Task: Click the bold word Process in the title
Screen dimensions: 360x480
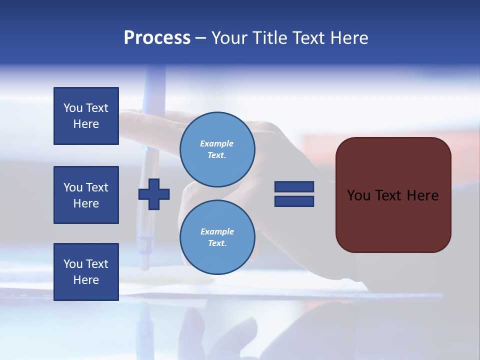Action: point(157,38)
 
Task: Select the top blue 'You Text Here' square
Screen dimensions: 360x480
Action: point(86,116)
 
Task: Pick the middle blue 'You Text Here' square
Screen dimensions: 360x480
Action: point(86,195)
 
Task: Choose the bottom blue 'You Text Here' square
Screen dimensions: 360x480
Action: point(86,271)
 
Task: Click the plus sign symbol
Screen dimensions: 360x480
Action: point(154,194)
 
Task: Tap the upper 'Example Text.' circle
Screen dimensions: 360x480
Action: point(217,149)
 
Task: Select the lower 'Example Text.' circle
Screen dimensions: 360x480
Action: point(217,237)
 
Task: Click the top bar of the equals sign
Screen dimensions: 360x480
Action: point(294,186)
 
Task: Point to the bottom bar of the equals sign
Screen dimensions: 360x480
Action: point(294,201)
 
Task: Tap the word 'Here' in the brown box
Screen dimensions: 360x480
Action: point(422,195)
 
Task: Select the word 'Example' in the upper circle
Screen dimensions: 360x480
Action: point(216,143)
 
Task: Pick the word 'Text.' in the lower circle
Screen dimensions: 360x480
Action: point(217,243)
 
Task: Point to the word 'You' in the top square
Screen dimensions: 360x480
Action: point(73,108)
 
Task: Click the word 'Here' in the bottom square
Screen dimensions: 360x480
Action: point(86,280)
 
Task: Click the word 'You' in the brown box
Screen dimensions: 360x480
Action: point(359,195)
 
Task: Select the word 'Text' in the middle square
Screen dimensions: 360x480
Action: point(97,187)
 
